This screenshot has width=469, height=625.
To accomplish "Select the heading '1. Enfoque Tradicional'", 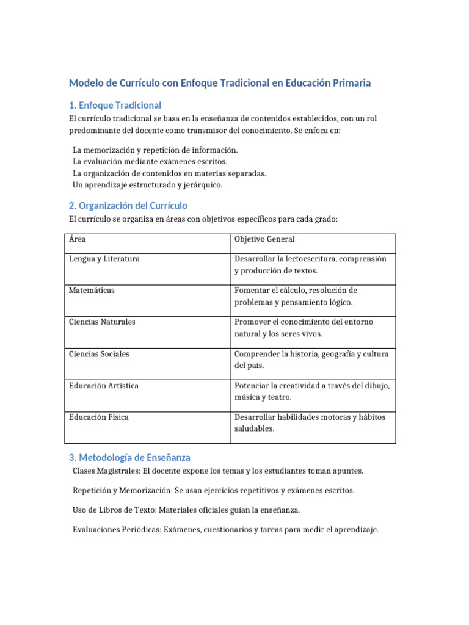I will tap(115, 106).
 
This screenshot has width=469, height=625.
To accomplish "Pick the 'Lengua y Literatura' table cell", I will tap(104, 259).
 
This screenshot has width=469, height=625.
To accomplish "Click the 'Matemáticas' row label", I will tap(92, 291).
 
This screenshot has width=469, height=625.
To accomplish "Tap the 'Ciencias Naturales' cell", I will tap(102, 322).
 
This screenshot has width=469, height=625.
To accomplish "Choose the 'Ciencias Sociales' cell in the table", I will tap(99, 354).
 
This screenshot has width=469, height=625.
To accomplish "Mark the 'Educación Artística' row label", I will tap(104, 386).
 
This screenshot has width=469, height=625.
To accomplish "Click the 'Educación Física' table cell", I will tap(99, 417).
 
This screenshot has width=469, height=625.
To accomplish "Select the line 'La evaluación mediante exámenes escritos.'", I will tap(150, 162).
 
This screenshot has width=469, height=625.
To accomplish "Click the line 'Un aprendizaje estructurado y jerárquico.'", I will tap(148, 185).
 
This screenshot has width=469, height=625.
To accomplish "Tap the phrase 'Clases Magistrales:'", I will tap(108, 471).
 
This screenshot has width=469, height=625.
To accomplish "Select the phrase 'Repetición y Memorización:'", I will tap(122, 491).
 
